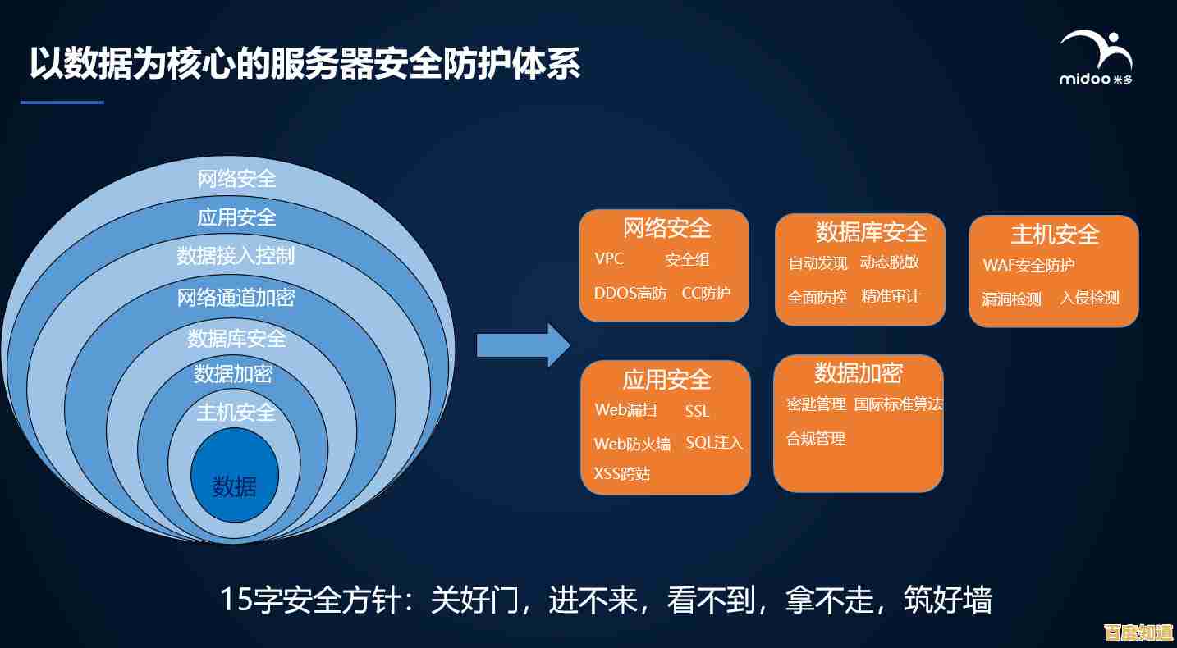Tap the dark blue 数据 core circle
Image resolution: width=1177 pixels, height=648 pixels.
coord(235,477)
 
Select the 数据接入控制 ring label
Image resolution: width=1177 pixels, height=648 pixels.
coord(236,256)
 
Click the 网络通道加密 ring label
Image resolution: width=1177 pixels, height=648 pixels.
coord(236,297)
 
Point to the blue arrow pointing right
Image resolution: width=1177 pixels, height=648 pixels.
coord(523,345)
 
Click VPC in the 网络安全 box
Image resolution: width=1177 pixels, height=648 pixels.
coord(609,259)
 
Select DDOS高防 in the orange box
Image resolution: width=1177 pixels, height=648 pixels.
coord(630,293)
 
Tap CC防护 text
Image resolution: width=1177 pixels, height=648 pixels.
coord(706,293)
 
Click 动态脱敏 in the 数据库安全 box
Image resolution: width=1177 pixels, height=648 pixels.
coord(890,262)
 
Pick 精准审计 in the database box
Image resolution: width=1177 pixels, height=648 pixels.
coord(891,296)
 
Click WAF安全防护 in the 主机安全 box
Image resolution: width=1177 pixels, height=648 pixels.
coord(1028,266)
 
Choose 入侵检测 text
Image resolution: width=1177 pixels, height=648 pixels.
coord(1089,298)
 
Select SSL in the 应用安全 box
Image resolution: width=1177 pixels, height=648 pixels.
coord(697,411)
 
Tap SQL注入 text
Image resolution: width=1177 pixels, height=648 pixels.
coord(714,443)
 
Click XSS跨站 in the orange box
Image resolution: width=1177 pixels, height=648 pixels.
coord(622,473)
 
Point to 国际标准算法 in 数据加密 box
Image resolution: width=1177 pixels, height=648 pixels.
coord(898,404)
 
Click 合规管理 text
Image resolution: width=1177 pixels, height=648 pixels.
coord(816,439)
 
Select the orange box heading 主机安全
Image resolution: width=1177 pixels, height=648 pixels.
coord(1055,235)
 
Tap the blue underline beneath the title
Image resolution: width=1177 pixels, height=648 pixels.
coord(62,103)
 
